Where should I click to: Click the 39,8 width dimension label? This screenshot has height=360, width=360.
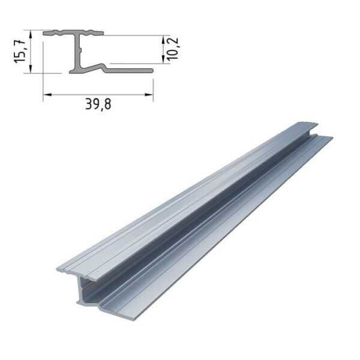[x=98, y=104]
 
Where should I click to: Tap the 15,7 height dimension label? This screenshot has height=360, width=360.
[x=19, y=52]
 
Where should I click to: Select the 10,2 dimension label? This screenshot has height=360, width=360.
[x=173, y=49]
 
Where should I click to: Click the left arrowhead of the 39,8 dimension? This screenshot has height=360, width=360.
[x=47, y=94]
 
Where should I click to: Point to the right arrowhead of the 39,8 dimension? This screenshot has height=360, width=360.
[x=149, y=94]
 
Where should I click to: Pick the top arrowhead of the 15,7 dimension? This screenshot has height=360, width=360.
[x=31, y=34]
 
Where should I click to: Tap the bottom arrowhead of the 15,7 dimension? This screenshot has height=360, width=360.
[x=31, y=69]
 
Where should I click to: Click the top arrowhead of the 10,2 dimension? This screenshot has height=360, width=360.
[x=163, y=40]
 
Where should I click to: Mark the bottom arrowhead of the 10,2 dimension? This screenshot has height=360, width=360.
[x=163, y=59]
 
